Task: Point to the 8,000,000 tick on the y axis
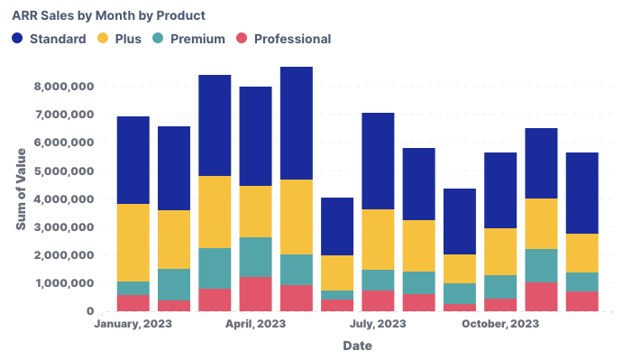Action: tap(64, 87)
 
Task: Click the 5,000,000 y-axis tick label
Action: tap(64, 171)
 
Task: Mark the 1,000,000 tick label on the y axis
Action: tap(64, 283)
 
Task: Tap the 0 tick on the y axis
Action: tap(90, 311)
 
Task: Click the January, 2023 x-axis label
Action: tap(133, 324)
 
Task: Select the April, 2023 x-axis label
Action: tap(255, 324)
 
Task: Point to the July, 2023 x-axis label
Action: tap(378, 324)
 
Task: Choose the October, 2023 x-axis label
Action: tap(499, 324)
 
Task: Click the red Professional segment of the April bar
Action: tap(255, 294)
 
